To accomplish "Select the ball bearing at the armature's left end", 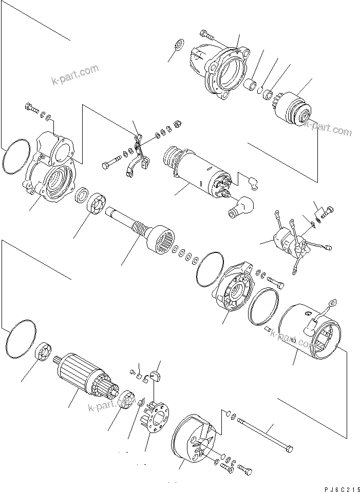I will click(x=42, y=355).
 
